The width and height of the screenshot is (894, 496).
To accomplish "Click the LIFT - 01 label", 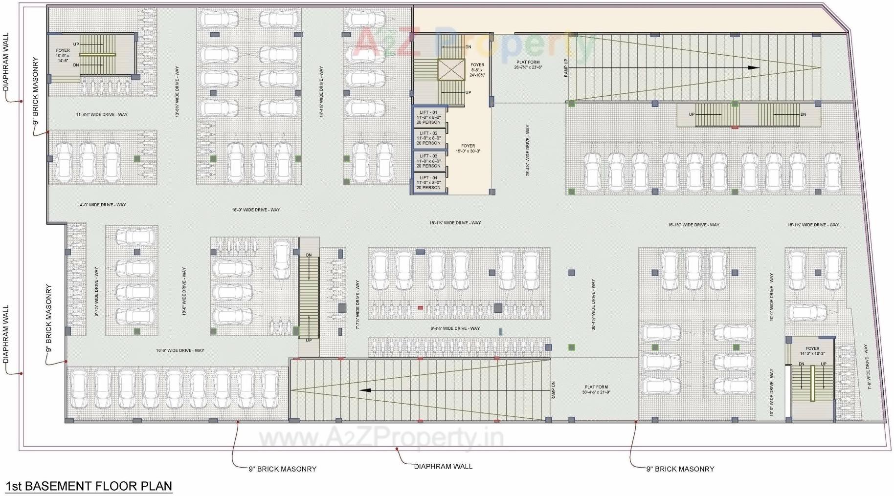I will pyautogui.click(x=428, y=112).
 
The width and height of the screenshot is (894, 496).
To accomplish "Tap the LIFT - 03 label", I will pyautogui.click(x=428, y=156).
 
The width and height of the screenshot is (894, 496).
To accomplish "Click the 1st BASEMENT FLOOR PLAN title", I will pyautogui.click(x=89, y=486).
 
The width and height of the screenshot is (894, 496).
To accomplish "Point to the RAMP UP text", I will pyautogui.click(x=566, y=68).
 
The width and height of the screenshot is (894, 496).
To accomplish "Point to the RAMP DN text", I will pyautogui.click(x=553, y=390).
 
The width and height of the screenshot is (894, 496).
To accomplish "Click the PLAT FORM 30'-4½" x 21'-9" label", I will pyautogui.click(x=596, y=389).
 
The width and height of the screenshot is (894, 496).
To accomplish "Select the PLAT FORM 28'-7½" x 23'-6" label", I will pyautogui.click(x=528, y=65).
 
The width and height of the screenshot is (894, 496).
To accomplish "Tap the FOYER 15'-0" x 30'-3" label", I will pyautogui.click(x=468, y=149).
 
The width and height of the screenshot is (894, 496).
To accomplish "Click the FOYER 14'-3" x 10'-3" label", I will pyautogui.click(x=812, y=351).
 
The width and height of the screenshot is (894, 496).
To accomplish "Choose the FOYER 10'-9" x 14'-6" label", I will pyautogui.click(x=63, y=55).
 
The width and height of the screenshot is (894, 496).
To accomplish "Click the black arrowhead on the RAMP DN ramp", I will pyautogui.click(x=365, y=390).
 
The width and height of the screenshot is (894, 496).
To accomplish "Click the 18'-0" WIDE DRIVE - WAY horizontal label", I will pyautogui.click(x=256, y=210).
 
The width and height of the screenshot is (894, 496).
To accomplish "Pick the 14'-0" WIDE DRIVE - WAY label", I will pyautogui.click(x=102, y=205).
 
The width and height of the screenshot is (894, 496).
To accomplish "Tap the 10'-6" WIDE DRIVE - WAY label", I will pyautogui.click(x=180, y=350).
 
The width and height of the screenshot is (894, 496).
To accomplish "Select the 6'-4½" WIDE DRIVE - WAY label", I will pyautogui.click(x=455, y=328).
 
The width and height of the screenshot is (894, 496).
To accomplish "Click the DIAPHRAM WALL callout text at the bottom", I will pyautogui.click(x=443, y=466).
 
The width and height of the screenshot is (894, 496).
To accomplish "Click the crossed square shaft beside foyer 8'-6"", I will pyautogui.click(x=450, y=69).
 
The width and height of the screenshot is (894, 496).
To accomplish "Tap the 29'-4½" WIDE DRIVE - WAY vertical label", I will pyautogui.click(x=527, y=150).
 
